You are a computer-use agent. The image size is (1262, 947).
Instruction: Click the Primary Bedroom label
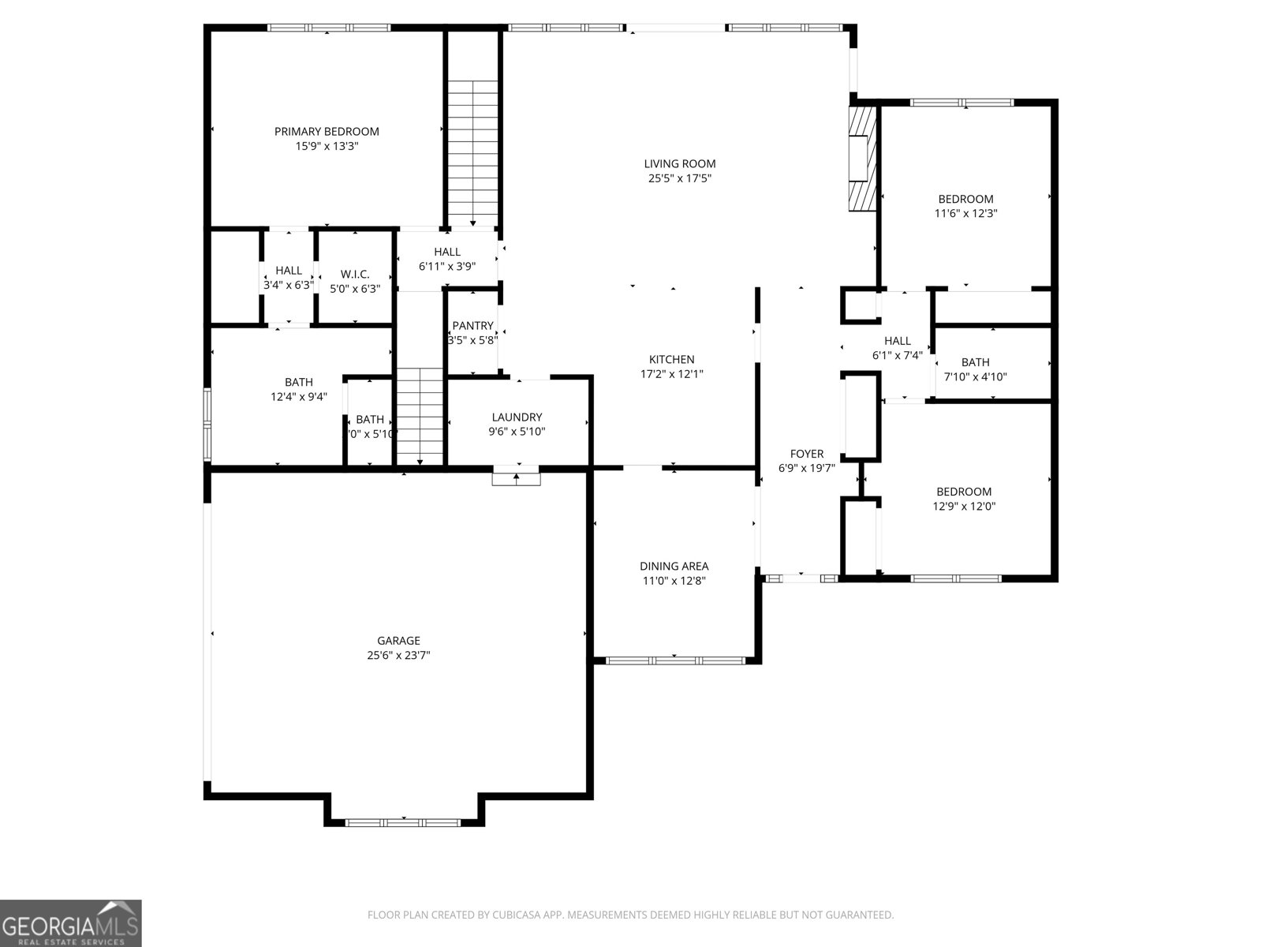[x=327, y=132]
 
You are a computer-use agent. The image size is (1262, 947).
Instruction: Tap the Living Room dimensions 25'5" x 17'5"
[x=679, y=178]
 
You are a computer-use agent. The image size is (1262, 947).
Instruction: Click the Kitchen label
[x=671, y=360]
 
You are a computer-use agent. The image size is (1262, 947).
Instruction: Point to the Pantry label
[x=472, y=326]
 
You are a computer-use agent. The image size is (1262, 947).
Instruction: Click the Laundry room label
[x=517, y=417]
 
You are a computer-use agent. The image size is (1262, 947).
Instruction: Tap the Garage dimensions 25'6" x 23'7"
[x=398, y=655]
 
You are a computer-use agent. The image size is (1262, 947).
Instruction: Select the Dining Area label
[x=674, y=566]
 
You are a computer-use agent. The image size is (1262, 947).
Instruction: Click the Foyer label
[x=806, y=454]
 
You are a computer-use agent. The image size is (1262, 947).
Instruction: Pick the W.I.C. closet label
[x=355, y=274]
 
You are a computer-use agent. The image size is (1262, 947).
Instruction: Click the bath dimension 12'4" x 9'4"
[x=298, y=397]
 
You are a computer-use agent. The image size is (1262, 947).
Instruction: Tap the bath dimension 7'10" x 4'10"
[x=975, y=377]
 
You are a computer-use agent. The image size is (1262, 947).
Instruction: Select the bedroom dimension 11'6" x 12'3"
[x=965, y=213]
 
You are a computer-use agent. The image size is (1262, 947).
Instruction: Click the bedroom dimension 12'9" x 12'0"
[x=964, y=507]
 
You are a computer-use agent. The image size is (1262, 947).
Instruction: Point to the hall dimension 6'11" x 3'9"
[x=446, y=267]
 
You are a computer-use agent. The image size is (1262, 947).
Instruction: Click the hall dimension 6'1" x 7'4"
[x=897, y=355]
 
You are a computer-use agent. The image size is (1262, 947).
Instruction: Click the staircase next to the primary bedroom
[x=473, y=150]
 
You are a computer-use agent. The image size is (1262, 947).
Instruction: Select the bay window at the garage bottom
[x=403, y=822]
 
